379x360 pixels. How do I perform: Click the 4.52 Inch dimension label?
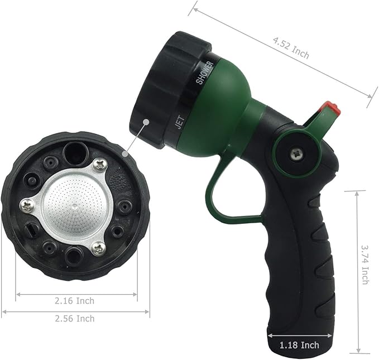pos(290,48)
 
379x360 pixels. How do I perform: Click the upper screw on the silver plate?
pos(99,164)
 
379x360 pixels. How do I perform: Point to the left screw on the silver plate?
pos(27,206)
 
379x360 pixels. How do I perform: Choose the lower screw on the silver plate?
pos(99,248)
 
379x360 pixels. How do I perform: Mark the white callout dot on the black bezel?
pos(146,119)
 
